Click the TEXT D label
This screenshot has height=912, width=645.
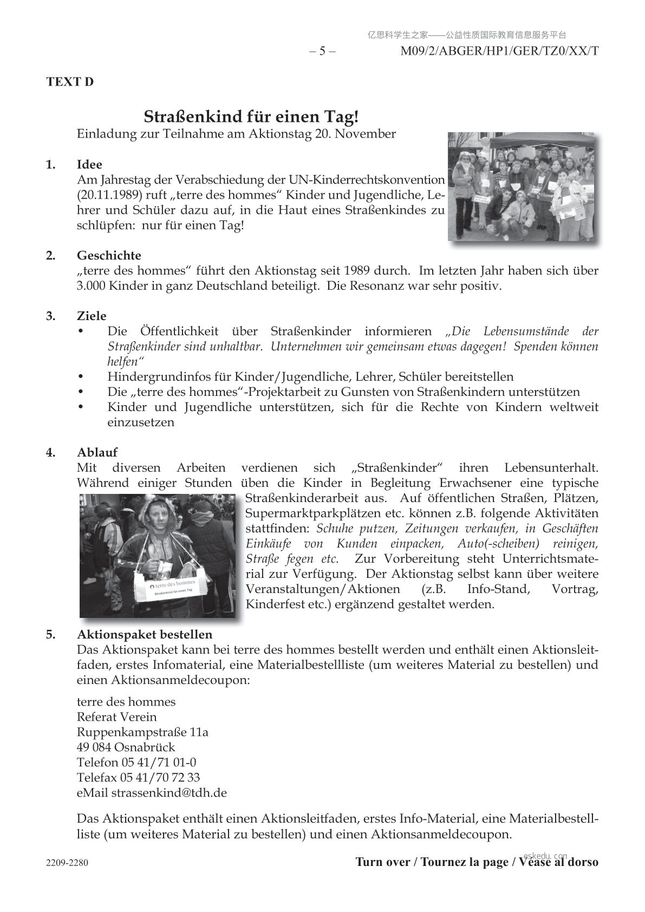tap(70, 82)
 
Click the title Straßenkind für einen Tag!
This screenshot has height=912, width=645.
tap(251, 116)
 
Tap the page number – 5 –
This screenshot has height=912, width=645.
tap(322, 51)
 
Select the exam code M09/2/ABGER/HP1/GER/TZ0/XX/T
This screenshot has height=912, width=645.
tap(499, 51)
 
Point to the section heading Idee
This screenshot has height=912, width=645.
tap(89, 165)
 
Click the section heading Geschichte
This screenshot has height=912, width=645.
tap(109, 256)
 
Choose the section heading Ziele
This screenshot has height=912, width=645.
tap(92, 316)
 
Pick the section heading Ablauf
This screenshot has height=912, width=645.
tap(97, 453)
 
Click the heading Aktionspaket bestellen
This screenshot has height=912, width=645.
tap(145, 635)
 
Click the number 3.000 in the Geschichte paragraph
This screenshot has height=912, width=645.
tap(91, 286)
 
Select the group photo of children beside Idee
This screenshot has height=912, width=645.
tap(521, 186)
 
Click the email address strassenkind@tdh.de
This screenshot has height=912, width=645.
tap(169, 793)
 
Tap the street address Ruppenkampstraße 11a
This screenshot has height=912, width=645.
tap(142, 732)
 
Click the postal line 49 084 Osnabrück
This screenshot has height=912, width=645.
tap(126, 747)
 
